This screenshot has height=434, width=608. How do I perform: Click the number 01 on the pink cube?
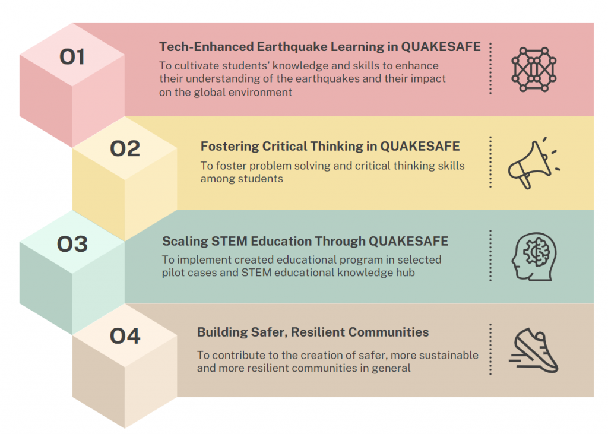(72, 56)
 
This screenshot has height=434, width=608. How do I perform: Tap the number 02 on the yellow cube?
(125, 148)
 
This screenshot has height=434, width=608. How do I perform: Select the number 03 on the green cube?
(72, 244)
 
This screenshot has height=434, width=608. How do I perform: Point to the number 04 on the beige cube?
(125, 336)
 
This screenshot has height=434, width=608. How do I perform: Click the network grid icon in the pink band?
(534, 69)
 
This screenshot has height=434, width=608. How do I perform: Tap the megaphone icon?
(534, 163)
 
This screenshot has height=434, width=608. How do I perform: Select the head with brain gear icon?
(534, 256)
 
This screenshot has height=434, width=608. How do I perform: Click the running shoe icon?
(534, 351)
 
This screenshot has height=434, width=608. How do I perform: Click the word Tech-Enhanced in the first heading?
(207, 46)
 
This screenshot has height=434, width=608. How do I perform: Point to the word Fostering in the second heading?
(230, 147)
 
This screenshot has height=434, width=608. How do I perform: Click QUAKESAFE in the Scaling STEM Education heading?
(408, 241)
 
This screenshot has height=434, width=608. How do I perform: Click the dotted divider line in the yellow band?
(490, 162)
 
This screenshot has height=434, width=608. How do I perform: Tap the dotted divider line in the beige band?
(490, 349)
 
